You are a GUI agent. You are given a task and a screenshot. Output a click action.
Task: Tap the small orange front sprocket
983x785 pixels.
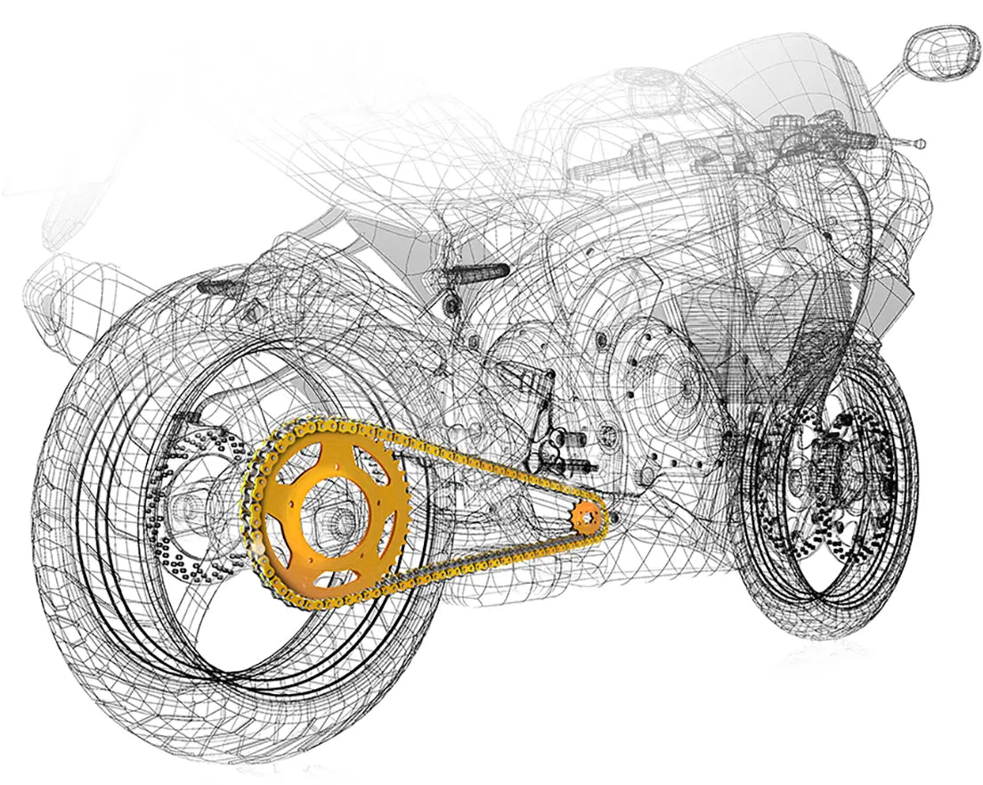point(587,518)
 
